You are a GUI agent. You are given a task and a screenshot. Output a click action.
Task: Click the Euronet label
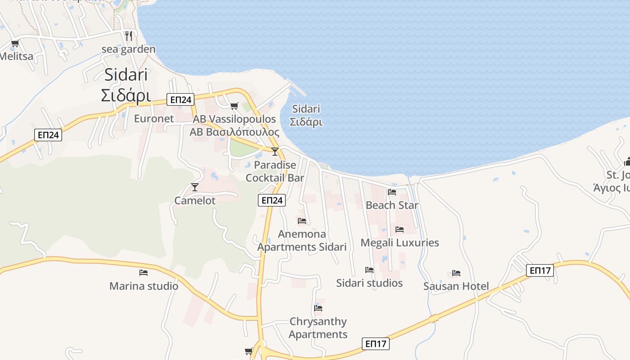[154, 119]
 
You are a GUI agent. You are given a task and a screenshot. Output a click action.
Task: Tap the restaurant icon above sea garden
[129, 36]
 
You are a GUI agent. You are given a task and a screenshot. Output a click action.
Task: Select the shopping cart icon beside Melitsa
[15, 44]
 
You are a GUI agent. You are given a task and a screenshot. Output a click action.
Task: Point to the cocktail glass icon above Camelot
[195, 187]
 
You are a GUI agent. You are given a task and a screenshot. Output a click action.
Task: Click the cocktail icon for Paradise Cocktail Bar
[275, 151]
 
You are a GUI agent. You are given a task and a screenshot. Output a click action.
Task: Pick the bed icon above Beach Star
[392, 192]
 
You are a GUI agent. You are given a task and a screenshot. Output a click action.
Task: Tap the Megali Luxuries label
[400, 243]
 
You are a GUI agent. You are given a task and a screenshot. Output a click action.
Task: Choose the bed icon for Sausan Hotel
[456, 273]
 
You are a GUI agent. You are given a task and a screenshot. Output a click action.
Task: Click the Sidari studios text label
[369, 283]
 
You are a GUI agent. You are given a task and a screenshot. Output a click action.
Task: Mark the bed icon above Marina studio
[144, 272]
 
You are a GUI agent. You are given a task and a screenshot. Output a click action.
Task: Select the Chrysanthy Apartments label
[318, 328]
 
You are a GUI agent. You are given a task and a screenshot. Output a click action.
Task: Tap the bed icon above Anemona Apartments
[302, 221]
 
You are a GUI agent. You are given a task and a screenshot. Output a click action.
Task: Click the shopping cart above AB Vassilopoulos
[234, 106]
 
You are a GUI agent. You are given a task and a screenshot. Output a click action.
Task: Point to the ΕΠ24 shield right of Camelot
[272, 200]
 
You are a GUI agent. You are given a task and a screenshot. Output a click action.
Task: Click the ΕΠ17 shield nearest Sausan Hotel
[540, 270]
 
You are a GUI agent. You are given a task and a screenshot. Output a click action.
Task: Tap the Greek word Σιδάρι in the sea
[306, 122]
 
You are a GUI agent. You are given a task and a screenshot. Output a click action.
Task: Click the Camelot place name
[195, 201]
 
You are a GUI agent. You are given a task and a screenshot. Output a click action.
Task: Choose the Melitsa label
[16, 57]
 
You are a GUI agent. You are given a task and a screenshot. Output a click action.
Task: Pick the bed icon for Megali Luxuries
[399, 229]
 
